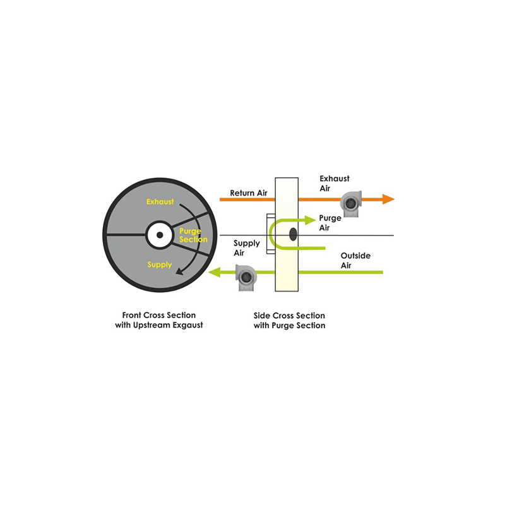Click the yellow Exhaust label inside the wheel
(160, 201)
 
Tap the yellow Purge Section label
(193, 235)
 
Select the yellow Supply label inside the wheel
(160, 264)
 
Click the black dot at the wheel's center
(160, 235)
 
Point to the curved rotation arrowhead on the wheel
(180, 271)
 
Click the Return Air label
(249, 193)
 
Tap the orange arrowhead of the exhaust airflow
(388, 199)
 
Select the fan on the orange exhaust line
(351, 204)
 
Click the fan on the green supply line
(246, 277)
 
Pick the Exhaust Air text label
(335, 183)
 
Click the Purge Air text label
(330, 223)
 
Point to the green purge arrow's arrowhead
(310, 220)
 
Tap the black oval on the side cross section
(293, 234)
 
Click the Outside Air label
(355, 261)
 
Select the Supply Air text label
(247, 248)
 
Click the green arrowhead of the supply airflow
(214, 272)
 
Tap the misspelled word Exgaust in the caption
(187, 325)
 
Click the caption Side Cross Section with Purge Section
(289, 321)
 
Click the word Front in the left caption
(132, 315)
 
